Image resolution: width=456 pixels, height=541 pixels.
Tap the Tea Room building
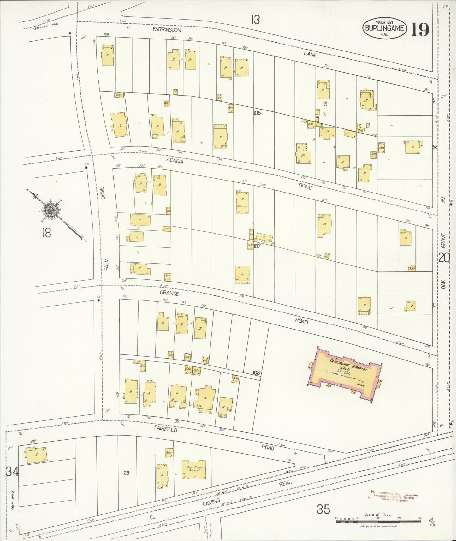click(194, 470)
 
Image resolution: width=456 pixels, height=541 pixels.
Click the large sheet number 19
click(420, 30)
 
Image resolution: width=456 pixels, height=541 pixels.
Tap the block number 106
click(257, 113)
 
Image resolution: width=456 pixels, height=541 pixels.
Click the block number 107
click(257, 246)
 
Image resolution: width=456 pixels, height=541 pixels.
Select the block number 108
click(256, 373)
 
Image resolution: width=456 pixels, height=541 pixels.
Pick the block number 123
click(126, 473)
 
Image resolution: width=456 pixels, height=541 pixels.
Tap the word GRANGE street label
click(169, 293)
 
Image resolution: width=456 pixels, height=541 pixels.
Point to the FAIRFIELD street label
click(165, 429)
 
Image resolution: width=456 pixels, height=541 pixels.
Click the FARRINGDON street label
click(167, 30)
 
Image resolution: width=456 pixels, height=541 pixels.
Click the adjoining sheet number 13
click(255, 20)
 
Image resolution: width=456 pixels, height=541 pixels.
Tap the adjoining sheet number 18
click(46, 233)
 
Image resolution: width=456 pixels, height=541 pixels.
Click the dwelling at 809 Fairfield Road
click(34, 455)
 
